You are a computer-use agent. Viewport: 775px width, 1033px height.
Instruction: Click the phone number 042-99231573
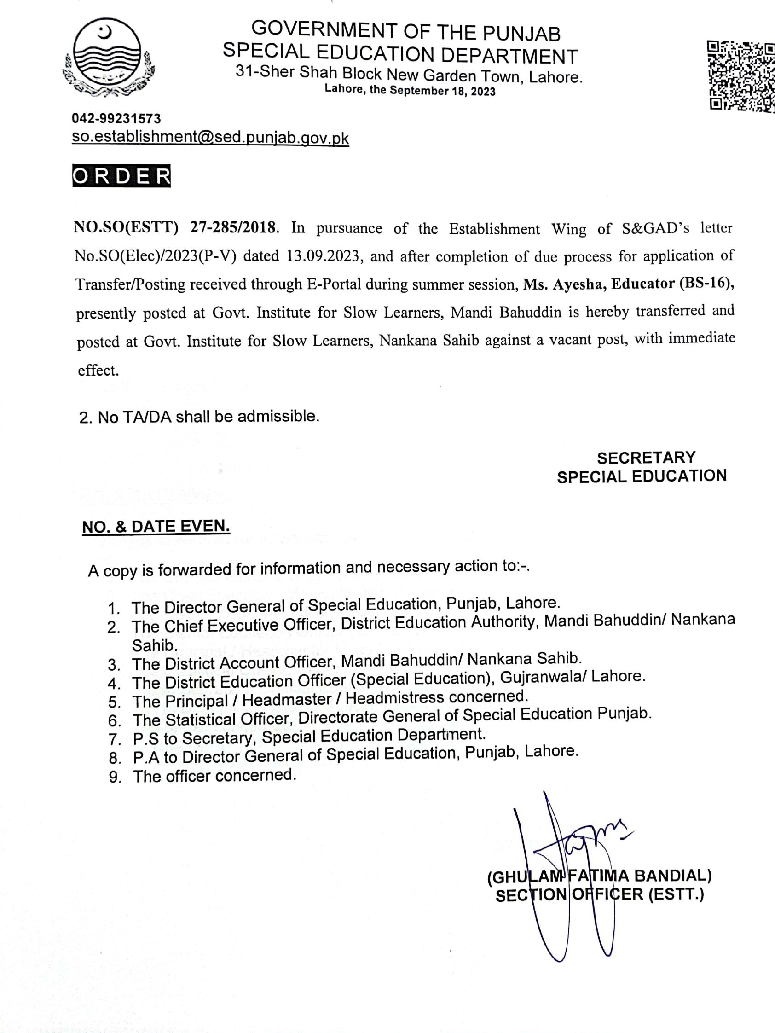point(116,119)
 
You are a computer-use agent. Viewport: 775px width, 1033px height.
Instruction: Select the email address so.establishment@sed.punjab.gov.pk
point(210,138)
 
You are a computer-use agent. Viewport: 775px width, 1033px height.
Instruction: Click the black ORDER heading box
point(122,175)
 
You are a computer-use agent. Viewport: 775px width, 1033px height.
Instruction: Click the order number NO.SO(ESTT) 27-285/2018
point(176,227)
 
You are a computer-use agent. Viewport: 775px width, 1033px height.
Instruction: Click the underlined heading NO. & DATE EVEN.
point(156,527)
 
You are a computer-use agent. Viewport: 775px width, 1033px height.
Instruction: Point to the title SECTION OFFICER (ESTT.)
point(600,895)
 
